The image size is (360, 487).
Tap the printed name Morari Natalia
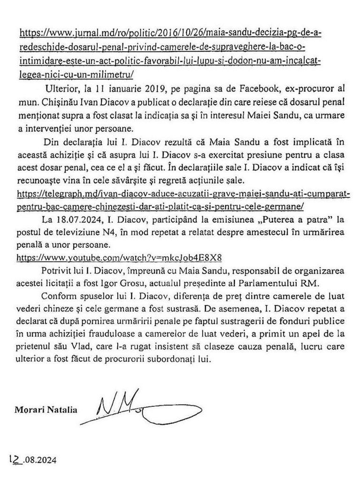point(46,409)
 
